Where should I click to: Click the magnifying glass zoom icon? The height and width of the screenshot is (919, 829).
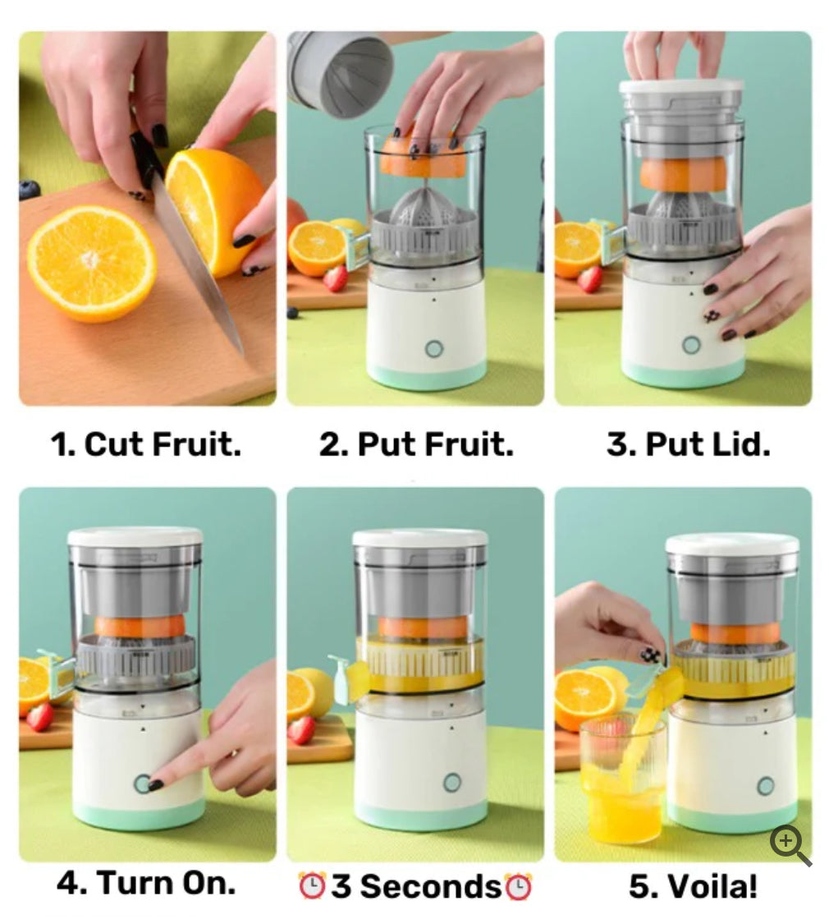click(789, 844)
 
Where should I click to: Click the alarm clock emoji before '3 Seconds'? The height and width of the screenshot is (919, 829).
click(311, 887)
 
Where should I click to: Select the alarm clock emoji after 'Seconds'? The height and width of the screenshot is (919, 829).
click(519, 887)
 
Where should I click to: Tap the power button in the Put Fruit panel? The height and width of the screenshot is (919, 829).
click(434, 348)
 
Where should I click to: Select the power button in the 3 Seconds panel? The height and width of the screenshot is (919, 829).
click(451, 782)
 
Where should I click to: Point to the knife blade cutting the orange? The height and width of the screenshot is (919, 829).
click(197, 263)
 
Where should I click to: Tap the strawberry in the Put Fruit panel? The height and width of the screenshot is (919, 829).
click(335, 278)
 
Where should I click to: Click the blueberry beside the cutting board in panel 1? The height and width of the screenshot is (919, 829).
click(29, 190)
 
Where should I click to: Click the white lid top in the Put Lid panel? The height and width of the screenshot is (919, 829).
click(681, 85)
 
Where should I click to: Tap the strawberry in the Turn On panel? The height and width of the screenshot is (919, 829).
click(39, 716)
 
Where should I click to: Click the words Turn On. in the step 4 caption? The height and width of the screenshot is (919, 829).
click(146, 884)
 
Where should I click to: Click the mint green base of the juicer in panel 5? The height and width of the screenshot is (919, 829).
click(731, 816)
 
